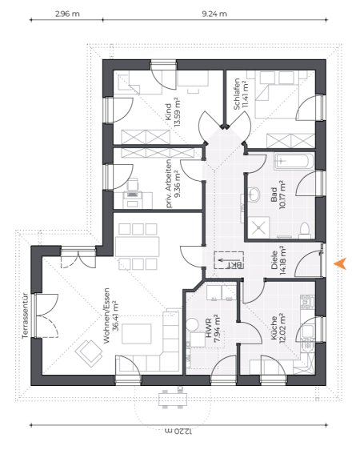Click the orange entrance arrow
tap(341, 263)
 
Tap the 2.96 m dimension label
tap(67, 14)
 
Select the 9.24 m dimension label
tap(214, 14)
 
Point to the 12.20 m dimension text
tap(178, 431)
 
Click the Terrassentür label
tap(26, 315)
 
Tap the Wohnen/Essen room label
tap(107, 315)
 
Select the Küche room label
tap(274, 327)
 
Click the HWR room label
tap(209, 327)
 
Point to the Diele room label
tap(274, 260)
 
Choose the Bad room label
tap(274, 195)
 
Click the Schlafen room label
tap(237, 94)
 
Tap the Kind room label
tap(168, 112)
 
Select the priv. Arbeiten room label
tap(169, 183)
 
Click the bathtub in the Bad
tap(294, 161)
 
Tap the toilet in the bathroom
tap(304, 231)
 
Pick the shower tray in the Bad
tap(259, 227)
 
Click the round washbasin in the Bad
tap(253, 195)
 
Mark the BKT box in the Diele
tap(229, 260)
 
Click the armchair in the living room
tap(89, 353)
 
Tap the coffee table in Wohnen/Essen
tap(137, 334)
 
